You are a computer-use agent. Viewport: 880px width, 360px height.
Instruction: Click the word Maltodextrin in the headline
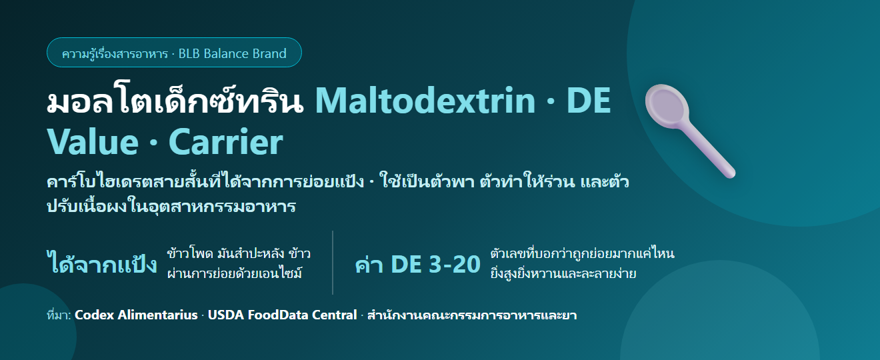pyautogui.click(x=425, y=101)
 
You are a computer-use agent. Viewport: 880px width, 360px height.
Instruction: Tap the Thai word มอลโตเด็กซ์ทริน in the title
pyautogui.click(x=175, y=100)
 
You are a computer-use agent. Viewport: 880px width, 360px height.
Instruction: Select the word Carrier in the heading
pyautogui.click(x=226, y=142)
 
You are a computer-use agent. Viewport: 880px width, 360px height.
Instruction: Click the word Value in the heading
pyautogui.click(x=93, y=142)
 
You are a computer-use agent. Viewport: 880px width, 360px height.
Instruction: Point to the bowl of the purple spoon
pyautogui.click(x=667, y=106)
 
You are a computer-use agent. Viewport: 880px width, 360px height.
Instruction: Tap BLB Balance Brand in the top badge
pyautogui.click(x=233, y=53)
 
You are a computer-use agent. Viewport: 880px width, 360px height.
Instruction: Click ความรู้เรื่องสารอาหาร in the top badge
pyautogui.click(x=115, y=53)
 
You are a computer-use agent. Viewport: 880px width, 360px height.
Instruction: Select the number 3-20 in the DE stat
pyautogui.click(x=455, y=264)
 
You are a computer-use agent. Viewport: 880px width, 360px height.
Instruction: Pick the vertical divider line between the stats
pyautogui.click(x=333, y=263)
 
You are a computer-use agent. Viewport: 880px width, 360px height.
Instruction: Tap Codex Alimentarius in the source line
pyautogui.click(x=136, y=315)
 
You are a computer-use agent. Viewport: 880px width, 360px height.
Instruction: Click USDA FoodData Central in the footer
pyautogui.click(x=282, y=315)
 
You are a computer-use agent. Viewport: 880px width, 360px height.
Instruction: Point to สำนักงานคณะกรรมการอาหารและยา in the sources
pyautogui.click(x=472, y=315)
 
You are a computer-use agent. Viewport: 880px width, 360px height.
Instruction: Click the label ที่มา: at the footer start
pyautogui.click(x=59, y=315)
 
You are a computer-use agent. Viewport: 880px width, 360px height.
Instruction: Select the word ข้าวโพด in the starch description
pyautogui.click(x=190, y=253)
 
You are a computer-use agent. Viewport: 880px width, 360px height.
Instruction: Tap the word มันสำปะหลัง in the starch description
pyautogui.click(x=251, y=253)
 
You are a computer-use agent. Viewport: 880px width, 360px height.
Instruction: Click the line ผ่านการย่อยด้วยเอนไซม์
pyautogui.click(x=235, y=273)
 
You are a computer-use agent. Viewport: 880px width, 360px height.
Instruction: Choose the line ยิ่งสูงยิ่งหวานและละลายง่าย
pyautogui.click(x=563, y=273)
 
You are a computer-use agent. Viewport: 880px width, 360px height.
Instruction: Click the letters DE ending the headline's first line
pyautogui.click(x=589, y=101)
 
